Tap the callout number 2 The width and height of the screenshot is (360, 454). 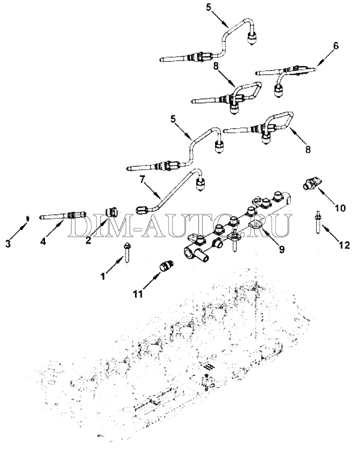pos(88,240)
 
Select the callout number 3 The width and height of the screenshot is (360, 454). pos(8,244)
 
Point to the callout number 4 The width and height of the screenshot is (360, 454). pos(43,241)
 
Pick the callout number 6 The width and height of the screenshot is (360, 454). pos(336,46)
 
